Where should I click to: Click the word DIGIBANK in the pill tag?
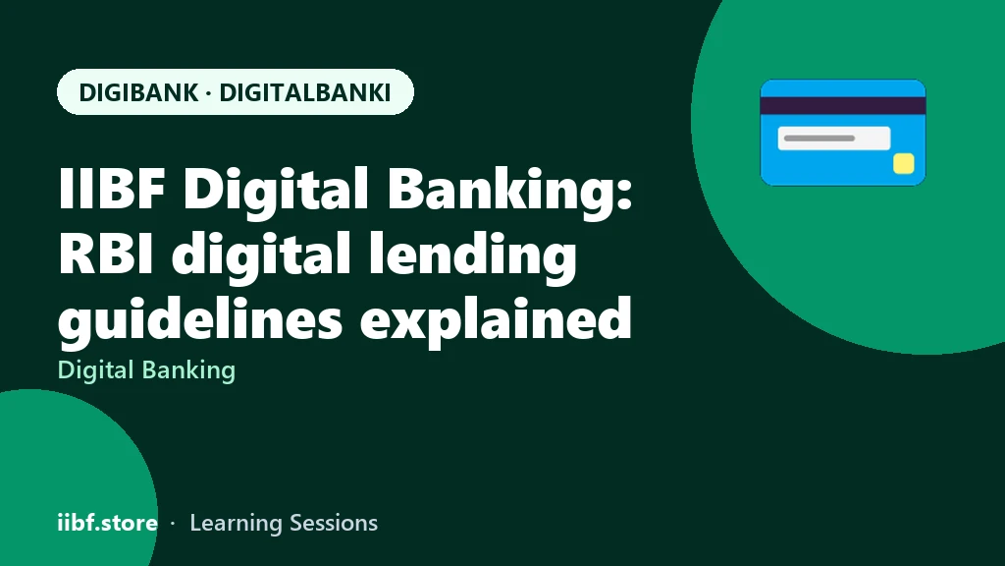(138, 92)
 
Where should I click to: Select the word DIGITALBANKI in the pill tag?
(305, 92)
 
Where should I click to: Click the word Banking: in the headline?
(510, 192)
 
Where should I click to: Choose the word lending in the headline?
(472, 256)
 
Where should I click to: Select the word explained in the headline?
(496, 320)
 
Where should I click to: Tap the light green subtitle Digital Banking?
(147, 370)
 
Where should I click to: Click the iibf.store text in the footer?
(108, 523)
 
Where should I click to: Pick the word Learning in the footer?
(236, 524)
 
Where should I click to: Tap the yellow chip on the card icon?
(904, 164)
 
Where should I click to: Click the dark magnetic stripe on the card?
(843, 106)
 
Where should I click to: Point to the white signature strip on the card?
(834, 138)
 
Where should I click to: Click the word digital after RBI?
(261, 256)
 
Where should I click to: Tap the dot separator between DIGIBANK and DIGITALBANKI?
(209, 93)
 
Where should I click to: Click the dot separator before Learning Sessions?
(173, 524)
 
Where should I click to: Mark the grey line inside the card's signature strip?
(820, 138)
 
